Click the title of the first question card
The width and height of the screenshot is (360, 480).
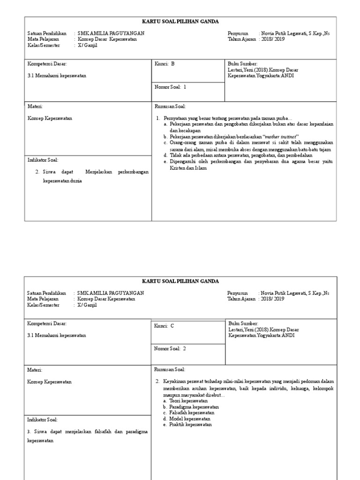click(x=180, y=22)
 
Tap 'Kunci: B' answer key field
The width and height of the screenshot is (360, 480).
click(x=165, y=64)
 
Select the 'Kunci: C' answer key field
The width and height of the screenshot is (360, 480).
click(x=165, y=326)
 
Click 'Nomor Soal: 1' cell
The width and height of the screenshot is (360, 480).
click(x=170, y=87)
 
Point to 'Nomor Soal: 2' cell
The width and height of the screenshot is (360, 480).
click(x=170, y=349)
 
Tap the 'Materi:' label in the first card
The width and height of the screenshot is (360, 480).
click(x=35, y=106)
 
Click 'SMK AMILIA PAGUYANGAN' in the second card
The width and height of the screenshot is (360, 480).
click(x=111, y=293)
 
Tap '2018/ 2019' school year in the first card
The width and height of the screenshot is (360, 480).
click(x=273, y=39)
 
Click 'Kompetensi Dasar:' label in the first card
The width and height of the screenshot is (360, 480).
click(x=47, y=64)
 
